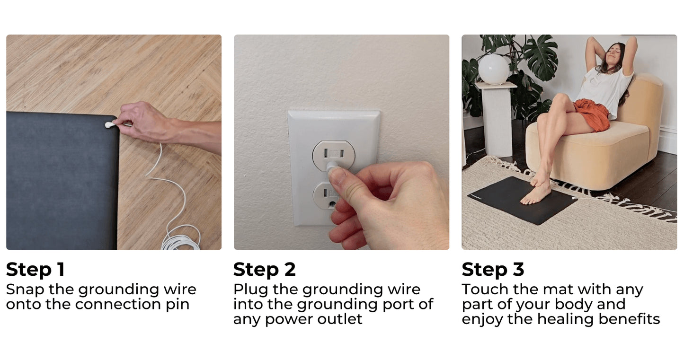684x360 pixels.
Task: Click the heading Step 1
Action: pyautogui.click(x=35, y=269)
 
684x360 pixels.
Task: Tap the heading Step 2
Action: pyautogui.click(x=265, y=269)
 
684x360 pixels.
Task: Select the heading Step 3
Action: pyautogui.click(x=493, y=269)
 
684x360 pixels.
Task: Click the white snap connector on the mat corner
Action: pyautogui.click(x=109, y=124)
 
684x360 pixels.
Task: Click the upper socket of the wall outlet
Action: pyautogui.click(x=333, y=154)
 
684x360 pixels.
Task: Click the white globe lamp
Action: pyautogui.click(x=493, y=69)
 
